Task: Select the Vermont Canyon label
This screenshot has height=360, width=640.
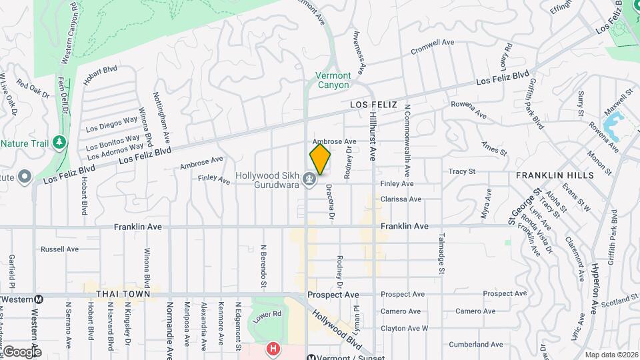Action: (x=333, y=80)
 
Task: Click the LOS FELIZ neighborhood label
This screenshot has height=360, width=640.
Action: (x=373, y=105)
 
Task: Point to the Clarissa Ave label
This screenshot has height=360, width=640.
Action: (x=401, y=199)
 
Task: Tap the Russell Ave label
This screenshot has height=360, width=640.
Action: (x=60, y=249)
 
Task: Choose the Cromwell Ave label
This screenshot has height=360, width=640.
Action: (x=432, y=47)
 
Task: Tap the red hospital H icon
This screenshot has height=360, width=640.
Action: (x=271, y=348)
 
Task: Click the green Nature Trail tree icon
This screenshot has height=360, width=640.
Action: (x=59, y=143)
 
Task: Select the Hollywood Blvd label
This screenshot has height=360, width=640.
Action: (x=336, y=330)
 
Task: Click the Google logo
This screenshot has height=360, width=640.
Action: (x=22, y=352)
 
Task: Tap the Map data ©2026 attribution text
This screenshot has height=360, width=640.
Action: (x=610, y=355)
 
